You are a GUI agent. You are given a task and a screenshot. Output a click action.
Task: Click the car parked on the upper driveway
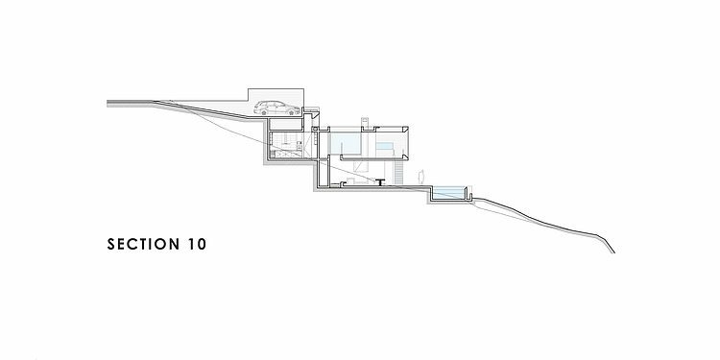(x=277, y=108)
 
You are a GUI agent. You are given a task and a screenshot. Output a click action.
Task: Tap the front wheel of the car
(x=291, y=112)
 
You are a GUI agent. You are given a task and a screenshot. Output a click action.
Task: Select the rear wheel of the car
(x=264, y=112)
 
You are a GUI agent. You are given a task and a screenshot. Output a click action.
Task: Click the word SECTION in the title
(x=143, y=244)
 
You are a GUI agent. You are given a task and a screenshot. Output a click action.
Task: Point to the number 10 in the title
(x=197, y=244)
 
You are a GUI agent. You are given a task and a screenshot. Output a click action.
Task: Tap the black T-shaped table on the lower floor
(x=380, y=182)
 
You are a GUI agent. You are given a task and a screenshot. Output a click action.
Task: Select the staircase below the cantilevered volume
(x=398, y=173)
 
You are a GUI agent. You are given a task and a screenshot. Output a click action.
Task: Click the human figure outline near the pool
(x=420, y=177)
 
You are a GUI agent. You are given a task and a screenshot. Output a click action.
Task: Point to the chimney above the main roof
(x=365, y=122)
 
